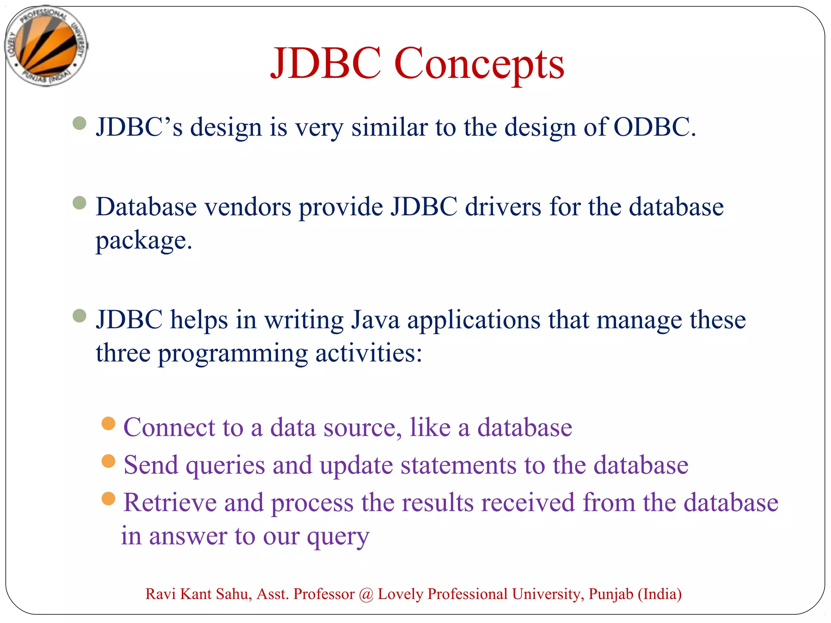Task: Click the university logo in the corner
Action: point(46,46)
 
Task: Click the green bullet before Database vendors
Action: point(80,203)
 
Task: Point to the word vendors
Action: point(248,207)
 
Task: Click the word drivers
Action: point(503,207)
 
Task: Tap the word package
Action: point(143,241)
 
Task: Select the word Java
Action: point(375,320)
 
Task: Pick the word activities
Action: point(368,353)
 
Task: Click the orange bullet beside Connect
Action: point(108,423)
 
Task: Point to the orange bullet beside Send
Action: point(108,461)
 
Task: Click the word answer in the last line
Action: point(188,536)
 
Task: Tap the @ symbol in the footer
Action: point(366,594)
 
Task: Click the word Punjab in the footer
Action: point(611,594)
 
